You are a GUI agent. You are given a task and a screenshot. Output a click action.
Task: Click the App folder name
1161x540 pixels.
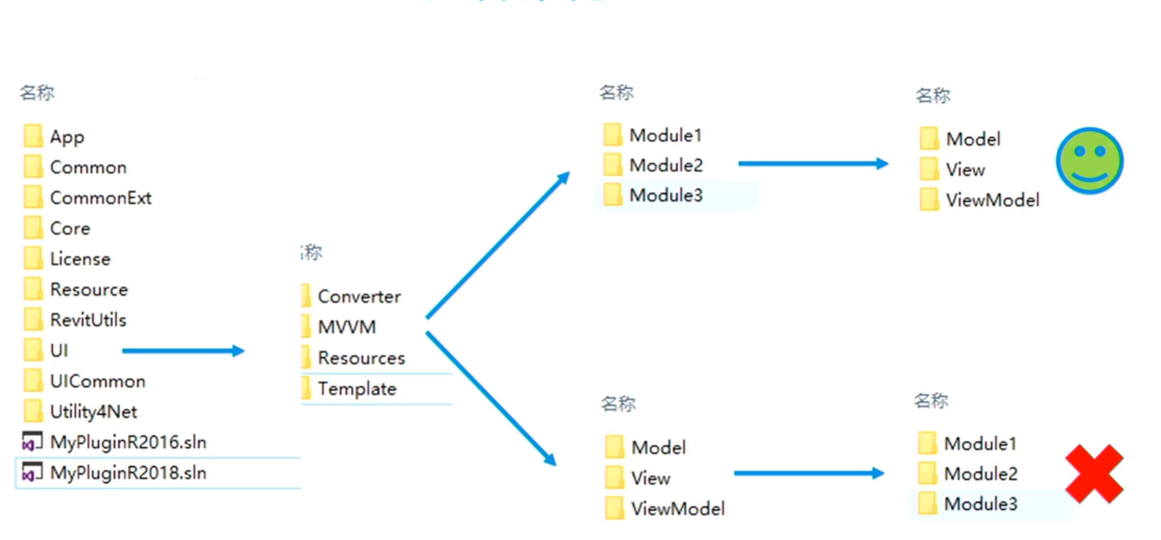click(67, 137)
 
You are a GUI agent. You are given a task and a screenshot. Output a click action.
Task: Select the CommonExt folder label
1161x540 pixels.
click(100, 198)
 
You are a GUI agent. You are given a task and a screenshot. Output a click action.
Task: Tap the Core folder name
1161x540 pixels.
click(70, 228)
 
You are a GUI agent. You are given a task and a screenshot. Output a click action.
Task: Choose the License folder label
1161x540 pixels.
click(80, 259)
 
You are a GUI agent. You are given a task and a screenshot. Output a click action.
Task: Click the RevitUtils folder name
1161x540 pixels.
click(88, 320)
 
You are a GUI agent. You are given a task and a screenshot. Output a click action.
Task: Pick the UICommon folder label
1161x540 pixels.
click(97, 381)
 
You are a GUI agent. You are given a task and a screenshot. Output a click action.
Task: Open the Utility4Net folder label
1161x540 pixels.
click(93, 412)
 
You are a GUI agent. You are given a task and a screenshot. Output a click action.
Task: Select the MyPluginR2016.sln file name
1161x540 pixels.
click(128, 443)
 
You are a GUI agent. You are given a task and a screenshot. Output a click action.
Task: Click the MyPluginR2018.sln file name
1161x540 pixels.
click(128, 473)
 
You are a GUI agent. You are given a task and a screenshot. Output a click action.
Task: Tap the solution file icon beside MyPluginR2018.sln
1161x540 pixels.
click(32, 472)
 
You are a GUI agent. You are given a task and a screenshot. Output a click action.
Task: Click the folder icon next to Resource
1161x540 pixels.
click(33, 289)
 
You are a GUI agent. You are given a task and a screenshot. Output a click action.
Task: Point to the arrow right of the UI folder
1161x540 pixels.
click(183, 350)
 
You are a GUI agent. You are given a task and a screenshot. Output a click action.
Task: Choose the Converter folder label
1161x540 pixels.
click(359, 296)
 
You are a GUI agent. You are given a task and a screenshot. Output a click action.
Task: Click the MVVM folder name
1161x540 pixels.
click(347, 327)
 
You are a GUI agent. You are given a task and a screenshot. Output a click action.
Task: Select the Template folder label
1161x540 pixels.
click(357, 389)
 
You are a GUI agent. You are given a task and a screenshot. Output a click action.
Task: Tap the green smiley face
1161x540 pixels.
click(1089, 161)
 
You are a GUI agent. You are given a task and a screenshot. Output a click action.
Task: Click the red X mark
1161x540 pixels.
click(1094, 473)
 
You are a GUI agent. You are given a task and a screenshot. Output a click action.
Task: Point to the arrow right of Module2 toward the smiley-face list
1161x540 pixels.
click(813, 164)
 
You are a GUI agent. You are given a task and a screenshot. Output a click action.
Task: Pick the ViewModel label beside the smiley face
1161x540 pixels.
click(993, 200)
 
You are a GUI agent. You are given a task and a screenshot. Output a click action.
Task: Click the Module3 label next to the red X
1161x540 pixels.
click(980, 504)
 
